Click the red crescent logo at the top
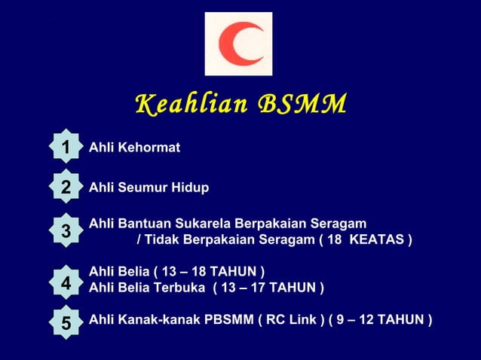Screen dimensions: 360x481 pos(239,44)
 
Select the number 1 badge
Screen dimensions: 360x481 pos(66,147)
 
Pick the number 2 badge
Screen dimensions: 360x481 pos(66,187)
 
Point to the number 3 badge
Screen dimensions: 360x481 pos(66,231)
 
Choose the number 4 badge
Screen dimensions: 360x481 pos(66,283)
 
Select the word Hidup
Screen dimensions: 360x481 pos(190,188)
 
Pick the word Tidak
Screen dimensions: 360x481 pos(160,239)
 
